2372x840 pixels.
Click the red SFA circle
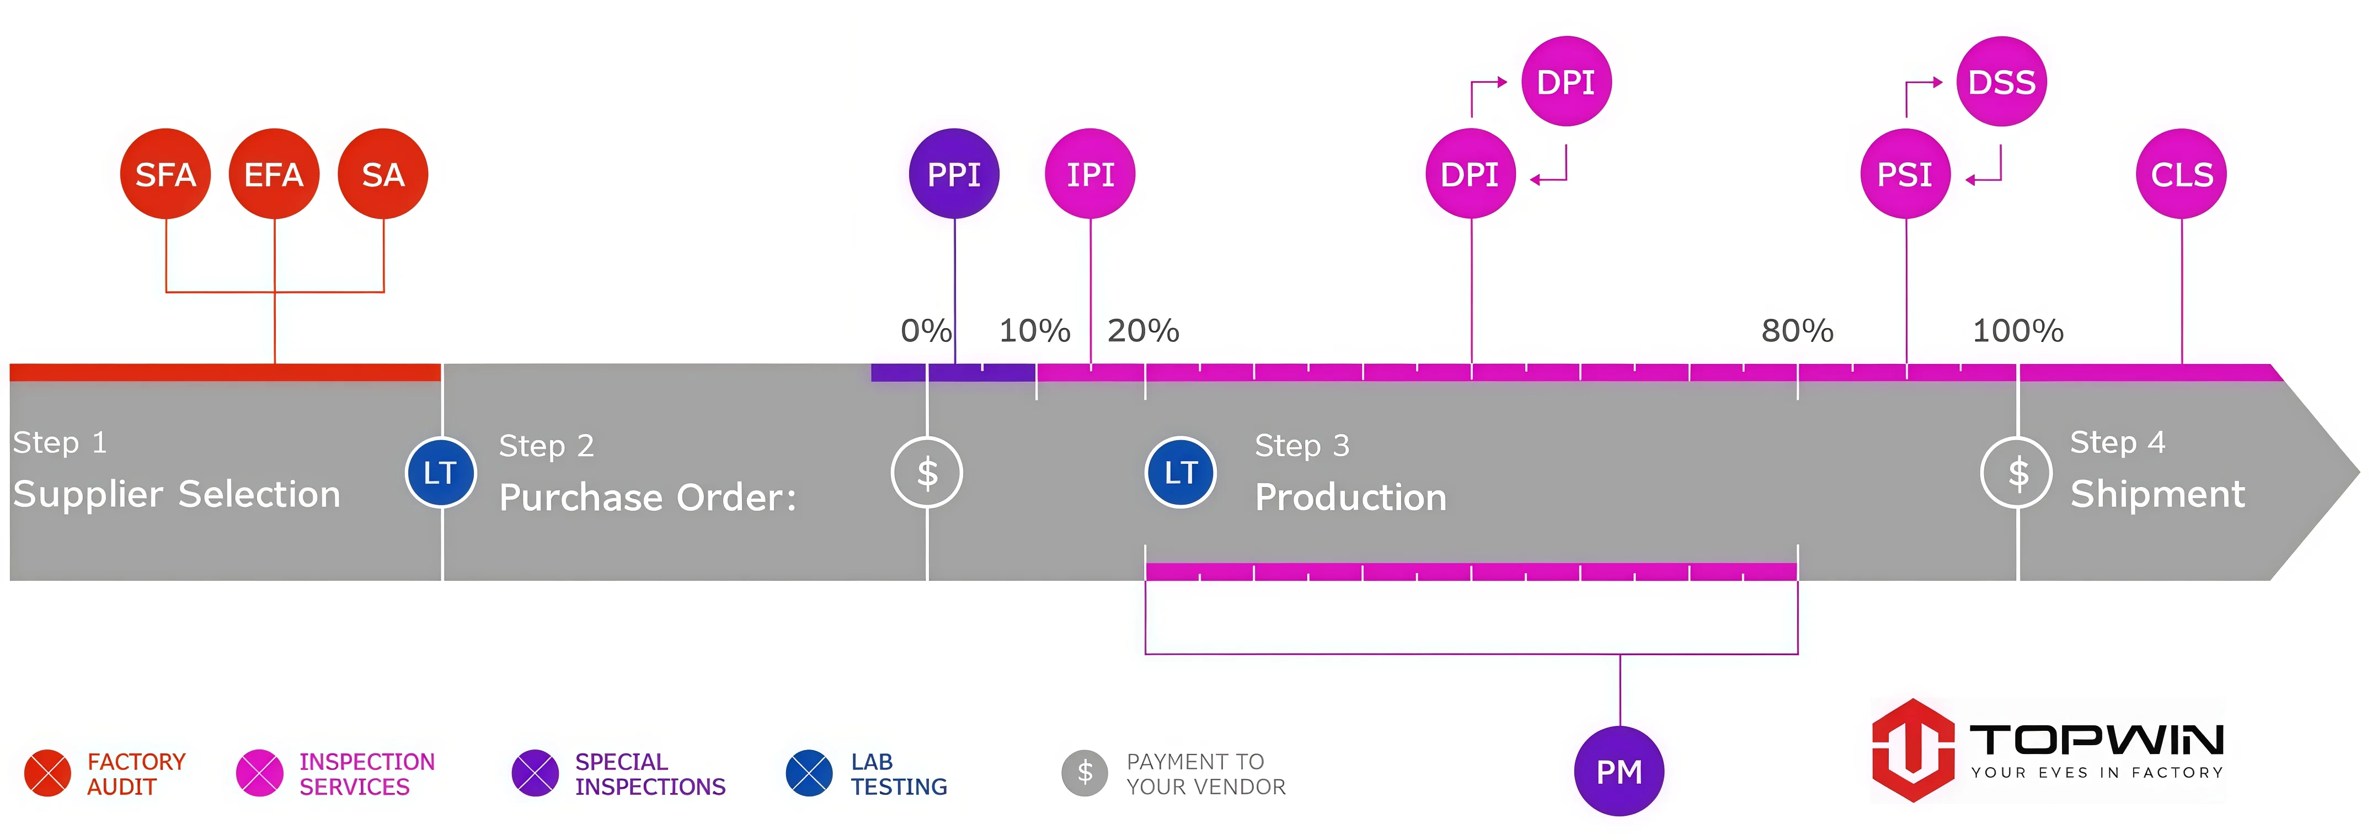coord(165,174)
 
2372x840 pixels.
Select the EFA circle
coord(274,174)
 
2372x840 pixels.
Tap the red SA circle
coord(383,174)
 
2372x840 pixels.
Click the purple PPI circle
coord(954,174)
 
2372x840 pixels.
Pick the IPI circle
coord(1090,174)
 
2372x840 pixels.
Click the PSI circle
coord(1905,174)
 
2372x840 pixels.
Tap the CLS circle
coord(2181,174)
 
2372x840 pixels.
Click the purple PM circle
coord(1620,771)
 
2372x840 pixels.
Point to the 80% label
coord(1797,331)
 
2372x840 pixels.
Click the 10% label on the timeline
coord(1035,331)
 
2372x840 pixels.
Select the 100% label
coord(2017,331)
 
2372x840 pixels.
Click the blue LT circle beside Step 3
coord(1180,473)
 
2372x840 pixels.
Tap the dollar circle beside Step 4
coord(2017,473)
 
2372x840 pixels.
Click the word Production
coord(1351,497)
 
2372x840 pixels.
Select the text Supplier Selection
coord(177,495)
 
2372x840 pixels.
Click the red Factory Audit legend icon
coord(48,773)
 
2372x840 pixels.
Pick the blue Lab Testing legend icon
coord(809,773)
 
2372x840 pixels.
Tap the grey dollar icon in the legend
coord(1085,773)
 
